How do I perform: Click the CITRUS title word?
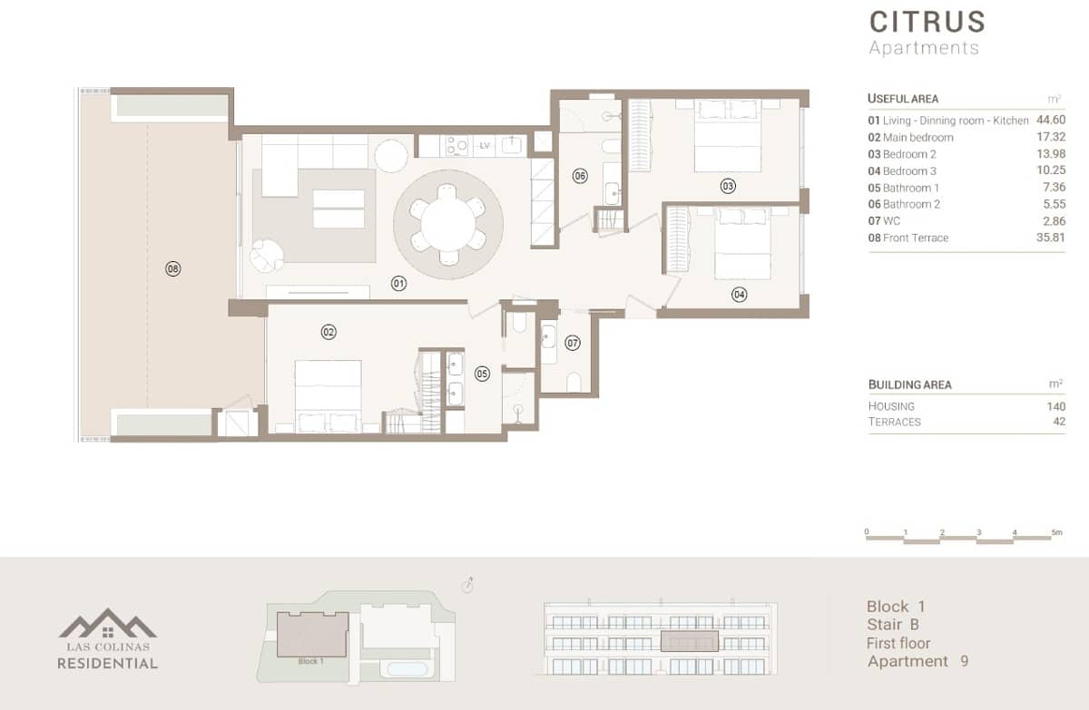927,22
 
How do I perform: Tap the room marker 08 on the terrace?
172,268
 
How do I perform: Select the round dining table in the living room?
447,222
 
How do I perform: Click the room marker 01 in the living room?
398,284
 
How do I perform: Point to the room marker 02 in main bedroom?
329,333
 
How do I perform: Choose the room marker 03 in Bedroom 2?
728,187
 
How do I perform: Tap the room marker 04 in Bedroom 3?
740,294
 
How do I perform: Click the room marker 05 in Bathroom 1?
482,373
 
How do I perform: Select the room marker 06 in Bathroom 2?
580,176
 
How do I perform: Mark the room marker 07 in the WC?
572,343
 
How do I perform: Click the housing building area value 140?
1055,406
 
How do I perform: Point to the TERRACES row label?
894,422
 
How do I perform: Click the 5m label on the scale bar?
1055,532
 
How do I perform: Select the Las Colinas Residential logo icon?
108,624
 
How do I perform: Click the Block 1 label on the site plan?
310,661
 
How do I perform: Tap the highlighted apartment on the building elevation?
689,641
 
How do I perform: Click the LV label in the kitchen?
485,145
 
